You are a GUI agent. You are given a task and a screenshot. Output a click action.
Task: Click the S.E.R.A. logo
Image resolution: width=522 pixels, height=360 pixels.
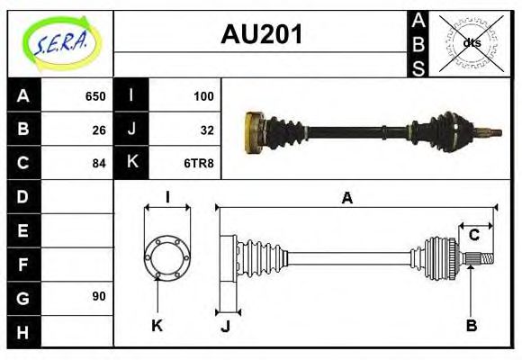point(59,42)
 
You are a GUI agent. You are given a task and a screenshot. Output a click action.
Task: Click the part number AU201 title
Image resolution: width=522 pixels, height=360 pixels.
point(261,35)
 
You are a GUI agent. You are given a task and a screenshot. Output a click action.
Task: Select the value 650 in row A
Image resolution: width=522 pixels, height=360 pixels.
point(95,96)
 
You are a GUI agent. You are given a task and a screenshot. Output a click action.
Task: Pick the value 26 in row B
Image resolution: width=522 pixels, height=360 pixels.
point(99,130)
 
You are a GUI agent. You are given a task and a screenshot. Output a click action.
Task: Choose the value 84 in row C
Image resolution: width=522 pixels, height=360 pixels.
point(99,163)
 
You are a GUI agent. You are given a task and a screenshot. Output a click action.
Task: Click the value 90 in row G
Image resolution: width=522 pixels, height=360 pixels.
point(99,296)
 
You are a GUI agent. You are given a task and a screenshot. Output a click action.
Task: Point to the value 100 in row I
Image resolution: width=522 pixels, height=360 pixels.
point(202,96)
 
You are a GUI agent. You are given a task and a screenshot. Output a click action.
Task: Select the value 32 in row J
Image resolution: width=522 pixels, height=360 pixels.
point(206,130)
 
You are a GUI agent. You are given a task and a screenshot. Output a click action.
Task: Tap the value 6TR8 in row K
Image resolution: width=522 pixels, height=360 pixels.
point(201,163)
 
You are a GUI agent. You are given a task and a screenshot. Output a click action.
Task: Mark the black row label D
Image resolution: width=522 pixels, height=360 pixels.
point(23,196)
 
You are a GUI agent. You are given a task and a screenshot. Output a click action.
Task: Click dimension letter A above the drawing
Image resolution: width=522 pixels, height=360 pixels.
point(346,199)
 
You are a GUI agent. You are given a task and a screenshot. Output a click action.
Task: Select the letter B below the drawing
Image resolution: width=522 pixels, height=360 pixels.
point(471,325)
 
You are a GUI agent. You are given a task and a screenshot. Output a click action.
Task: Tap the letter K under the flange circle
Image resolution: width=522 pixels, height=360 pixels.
point(157,325)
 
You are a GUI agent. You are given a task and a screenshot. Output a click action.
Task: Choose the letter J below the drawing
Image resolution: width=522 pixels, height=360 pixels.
point(225,325)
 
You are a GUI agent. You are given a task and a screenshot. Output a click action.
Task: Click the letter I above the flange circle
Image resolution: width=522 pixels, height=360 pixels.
point(167,198)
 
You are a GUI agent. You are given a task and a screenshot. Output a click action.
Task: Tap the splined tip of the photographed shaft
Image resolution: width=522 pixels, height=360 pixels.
point(492,133)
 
